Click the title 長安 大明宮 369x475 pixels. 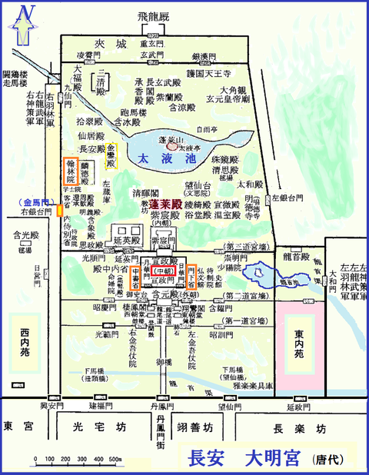coord(244,457)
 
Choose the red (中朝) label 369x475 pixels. coord(164,271)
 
